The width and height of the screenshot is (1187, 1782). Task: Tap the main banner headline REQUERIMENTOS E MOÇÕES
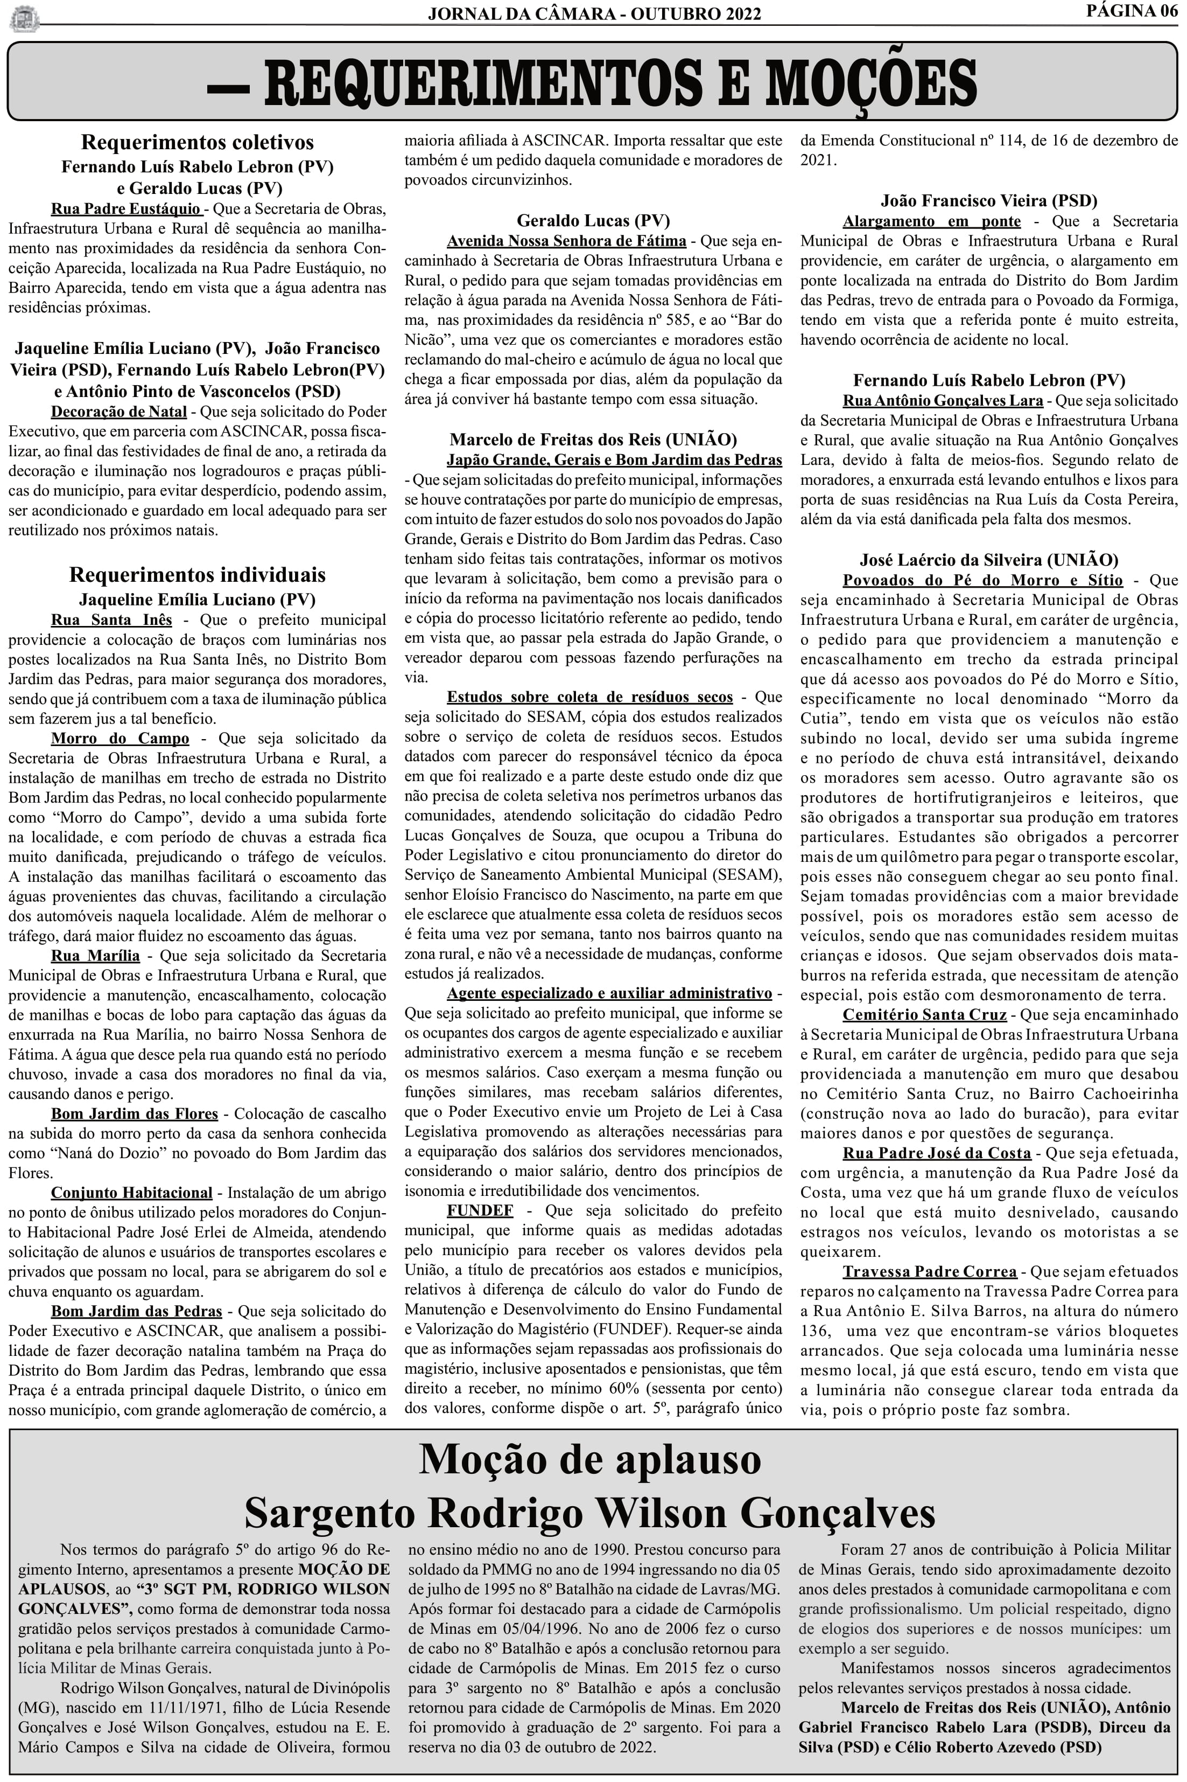click(x=592, y=83)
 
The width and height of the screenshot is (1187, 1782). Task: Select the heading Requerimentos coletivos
click(x=197, y=142)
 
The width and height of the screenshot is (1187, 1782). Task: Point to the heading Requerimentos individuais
click(x=197, y=575)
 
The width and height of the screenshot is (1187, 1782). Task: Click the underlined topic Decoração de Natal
click(x=119, y=412)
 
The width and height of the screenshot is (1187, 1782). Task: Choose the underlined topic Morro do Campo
click(x=121, y=739)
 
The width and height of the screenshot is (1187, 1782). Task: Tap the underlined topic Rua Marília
click(x=95, y=956)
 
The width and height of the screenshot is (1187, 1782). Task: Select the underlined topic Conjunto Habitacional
click(x=132, y=1193)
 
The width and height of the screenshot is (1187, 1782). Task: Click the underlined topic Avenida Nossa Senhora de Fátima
click(x=566, y=241)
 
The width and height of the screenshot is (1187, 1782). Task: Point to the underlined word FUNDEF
click(x=480, y=1210)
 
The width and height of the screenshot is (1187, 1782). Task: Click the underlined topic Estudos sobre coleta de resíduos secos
click(x=589, y=697)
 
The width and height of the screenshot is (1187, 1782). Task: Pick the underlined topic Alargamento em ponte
click(x=931, y=222)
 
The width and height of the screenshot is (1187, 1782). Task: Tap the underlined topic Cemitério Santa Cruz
click(x=924, y=1015)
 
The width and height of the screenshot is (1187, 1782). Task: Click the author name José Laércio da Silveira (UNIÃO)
click(x=989, y=560)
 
